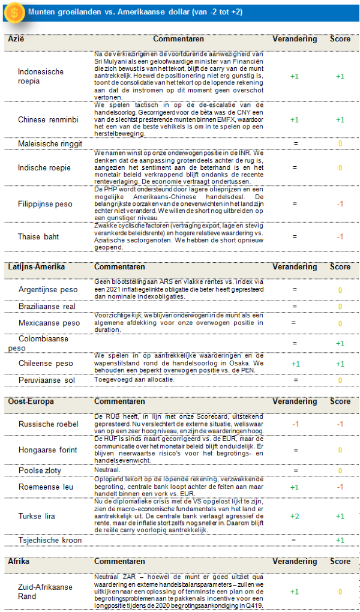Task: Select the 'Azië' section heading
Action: coord(16,40)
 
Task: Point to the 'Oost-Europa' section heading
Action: coord(31,401)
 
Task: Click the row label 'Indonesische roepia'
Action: coord(41,77)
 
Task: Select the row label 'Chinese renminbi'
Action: coord(48,119)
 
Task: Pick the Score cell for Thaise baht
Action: coord(340,236)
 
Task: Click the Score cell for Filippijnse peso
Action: coord(340,204)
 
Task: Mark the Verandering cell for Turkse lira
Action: coord(295,516)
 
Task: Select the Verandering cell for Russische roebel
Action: coord(295,424)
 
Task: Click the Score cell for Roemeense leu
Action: coord(340,487)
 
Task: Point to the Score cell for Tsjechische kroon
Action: coord(340,540)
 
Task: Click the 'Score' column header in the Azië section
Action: coord(340,40)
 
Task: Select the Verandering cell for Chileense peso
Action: coord(295,364)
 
